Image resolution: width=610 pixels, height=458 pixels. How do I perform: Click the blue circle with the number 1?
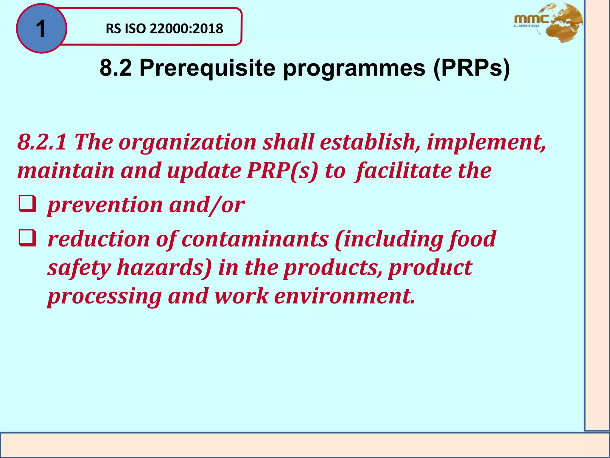point(41,29)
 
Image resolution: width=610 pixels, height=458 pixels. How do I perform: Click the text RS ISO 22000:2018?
point(164,29)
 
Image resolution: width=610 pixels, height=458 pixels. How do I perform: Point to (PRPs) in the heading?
point(471,68)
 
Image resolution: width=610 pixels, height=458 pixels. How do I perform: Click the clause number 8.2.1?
point(42,142)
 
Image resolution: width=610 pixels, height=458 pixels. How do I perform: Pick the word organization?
point(187,142)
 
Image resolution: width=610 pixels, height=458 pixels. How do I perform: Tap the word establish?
point(368,142)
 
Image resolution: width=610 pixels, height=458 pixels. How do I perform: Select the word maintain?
point(66,171)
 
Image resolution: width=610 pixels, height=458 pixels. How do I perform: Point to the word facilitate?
point(404,171)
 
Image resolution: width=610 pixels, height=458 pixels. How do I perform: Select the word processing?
point(105,296)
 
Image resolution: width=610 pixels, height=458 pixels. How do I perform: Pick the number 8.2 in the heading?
point(116,68)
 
